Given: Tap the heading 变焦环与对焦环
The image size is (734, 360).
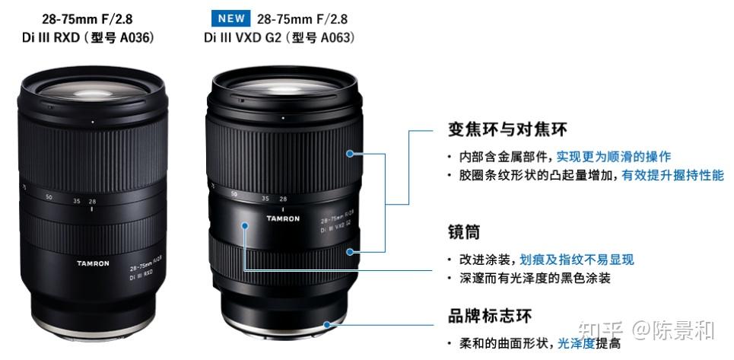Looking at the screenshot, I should tap(507, 129).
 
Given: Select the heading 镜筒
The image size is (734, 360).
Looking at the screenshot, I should tap(463, 231).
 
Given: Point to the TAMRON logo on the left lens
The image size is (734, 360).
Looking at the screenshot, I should tap(93, 263).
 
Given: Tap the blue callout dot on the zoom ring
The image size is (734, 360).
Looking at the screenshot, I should tap(350, 153).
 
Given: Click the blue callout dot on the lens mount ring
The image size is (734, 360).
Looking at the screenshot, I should tap(327, 324).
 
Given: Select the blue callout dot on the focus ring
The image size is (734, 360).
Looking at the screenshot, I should tap(350, 251).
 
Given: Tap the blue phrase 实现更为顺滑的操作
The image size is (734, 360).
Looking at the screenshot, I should tap(614, 157).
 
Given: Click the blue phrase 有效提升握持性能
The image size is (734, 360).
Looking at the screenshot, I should tap(672, 175).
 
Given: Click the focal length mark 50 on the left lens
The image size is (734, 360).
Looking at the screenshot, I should tap(49, 197).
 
